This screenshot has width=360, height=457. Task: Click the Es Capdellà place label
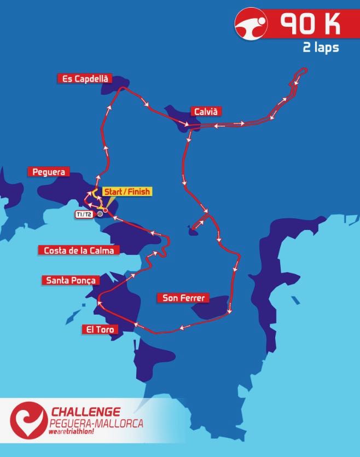(84, 78)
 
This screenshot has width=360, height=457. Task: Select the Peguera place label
(49, 172)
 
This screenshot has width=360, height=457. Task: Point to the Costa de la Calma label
(78, 250)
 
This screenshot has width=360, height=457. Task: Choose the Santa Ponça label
(71, 280)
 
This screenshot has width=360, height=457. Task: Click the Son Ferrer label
(183, 298)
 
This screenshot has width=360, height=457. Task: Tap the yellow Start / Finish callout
(126, 192)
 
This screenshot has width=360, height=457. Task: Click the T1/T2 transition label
(84, 214)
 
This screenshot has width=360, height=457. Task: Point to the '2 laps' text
(321, 48)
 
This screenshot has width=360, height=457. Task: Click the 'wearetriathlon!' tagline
(73, 432)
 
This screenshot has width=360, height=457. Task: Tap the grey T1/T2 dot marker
(100, 214)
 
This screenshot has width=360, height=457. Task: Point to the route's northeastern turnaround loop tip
(303, 71)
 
